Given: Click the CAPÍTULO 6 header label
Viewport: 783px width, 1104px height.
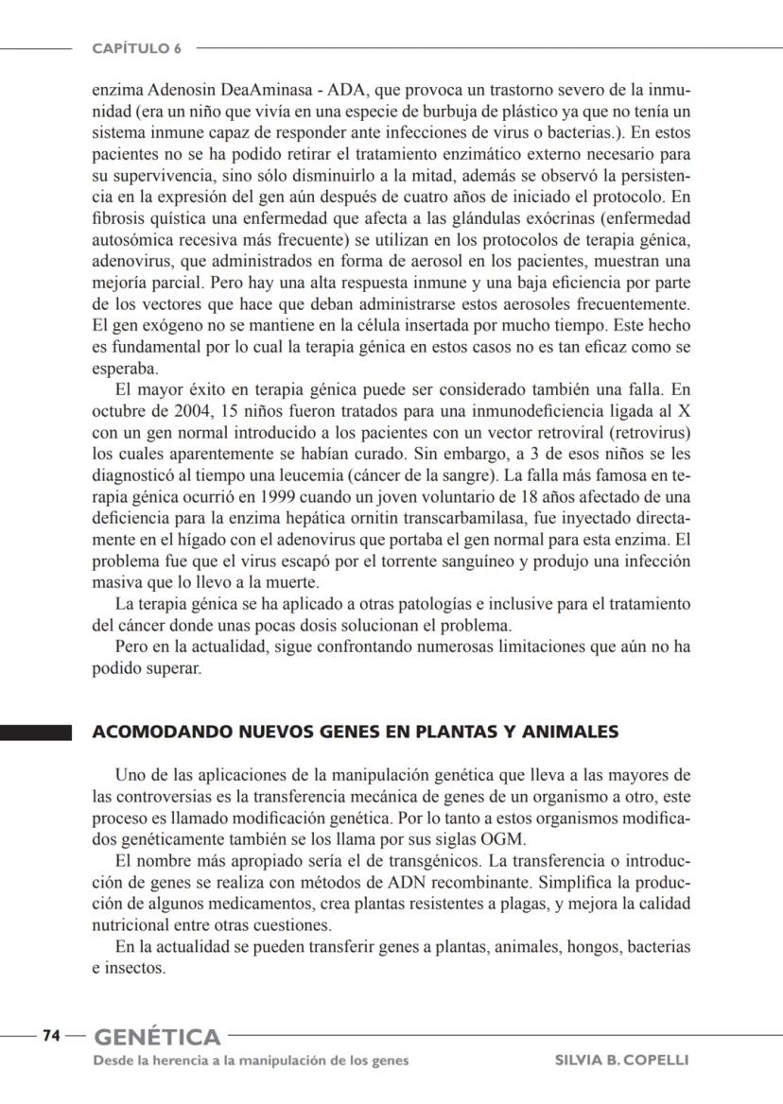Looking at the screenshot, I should (137, 47).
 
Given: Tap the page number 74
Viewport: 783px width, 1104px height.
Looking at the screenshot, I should (51, 1036).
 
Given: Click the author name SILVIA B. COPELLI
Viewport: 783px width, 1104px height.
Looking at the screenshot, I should (621, 1060).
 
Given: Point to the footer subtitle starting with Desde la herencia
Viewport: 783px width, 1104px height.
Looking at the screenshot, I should (251, 1060).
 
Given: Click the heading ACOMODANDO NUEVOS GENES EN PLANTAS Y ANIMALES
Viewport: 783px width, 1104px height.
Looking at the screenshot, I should (355, 732).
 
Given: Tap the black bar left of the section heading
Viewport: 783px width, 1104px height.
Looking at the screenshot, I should (36, 733).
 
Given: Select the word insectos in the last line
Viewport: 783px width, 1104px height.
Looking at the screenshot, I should (134, 968).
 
